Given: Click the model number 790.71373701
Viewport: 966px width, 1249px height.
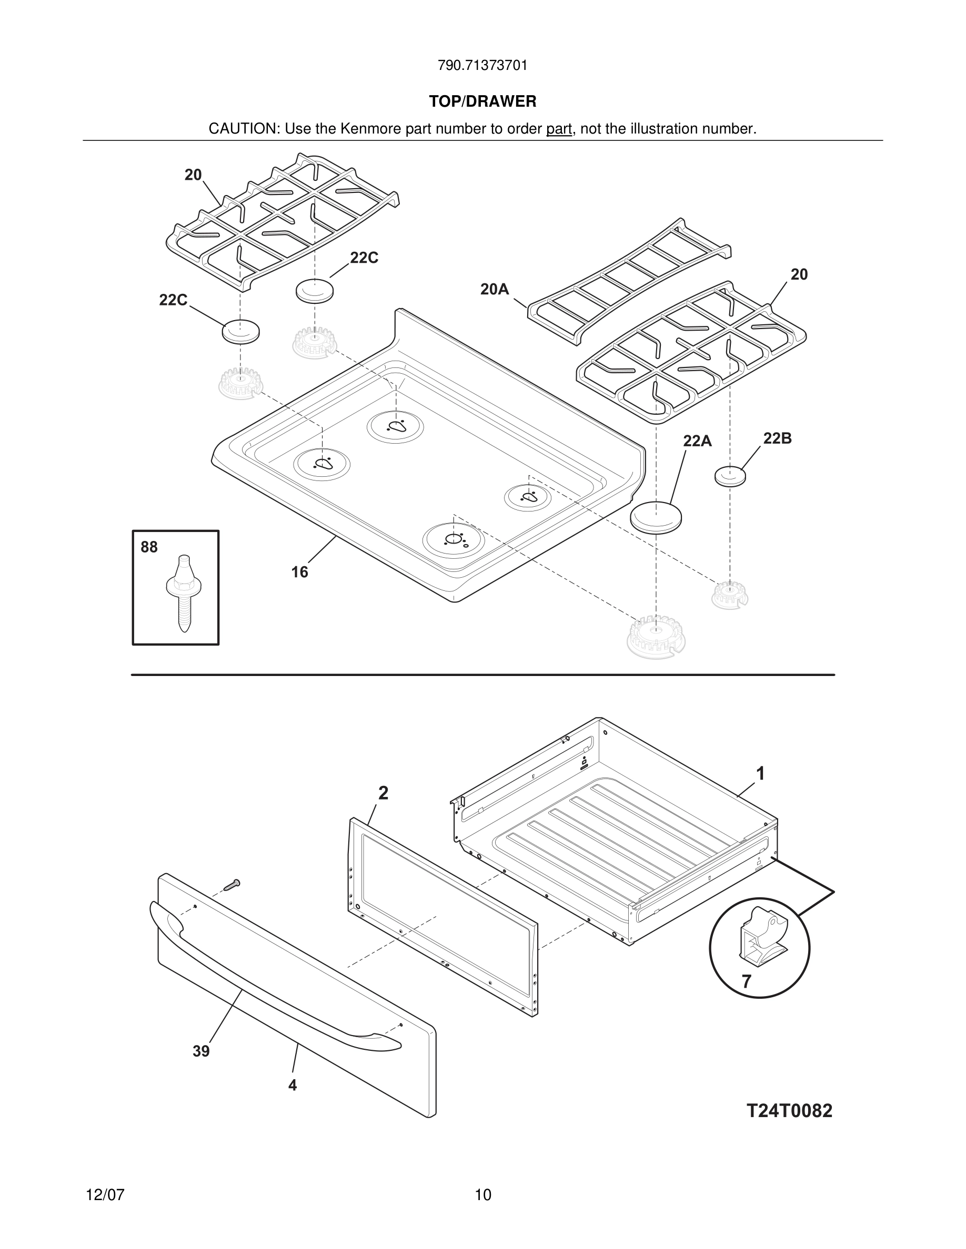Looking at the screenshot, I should (482, 66).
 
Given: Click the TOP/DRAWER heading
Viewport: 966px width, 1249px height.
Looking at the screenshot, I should (482, 102).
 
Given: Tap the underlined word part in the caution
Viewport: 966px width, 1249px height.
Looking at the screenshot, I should (559, 129).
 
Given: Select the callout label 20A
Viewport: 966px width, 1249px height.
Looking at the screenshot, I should (495, 289).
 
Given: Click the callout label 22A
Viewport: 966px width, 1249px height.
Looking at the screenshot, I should (697, 441).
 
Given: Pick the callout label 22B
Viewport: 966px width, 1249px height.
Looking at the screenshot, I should (777, 438).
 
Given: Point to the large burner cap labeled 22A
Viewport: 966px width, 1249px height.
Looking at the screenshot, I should (657, 517).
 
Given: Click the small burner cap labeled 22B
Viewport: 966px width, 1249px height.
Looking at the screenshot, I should (730, 476).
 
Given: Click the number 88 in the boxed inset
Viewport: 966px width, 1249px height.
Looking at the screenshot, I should (149, 547).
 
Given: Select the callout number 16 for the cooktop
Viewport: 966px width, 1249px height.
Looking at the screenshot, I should (299, 572).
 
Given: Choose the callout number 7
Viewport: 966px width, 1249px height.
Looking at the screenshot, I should (746, 981).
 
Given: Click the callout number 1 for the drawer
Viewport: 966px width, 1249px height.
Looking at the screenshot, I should (760, 774).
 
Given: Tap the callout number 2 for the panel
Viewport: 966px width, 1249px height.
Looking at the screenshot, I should (384, 793).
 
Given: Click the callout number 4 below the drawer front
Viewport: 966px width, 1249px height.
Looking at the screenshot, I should (293, 1085).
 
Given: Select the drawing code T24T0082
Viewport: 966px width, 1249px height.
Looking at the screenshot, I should (789, 1111).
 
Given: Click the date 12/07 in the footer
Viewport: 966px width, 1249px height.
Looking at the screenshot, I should (105, 1195).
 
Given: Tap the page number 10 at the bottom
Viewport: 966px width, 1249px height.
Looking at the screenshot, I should (482, 1195).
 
